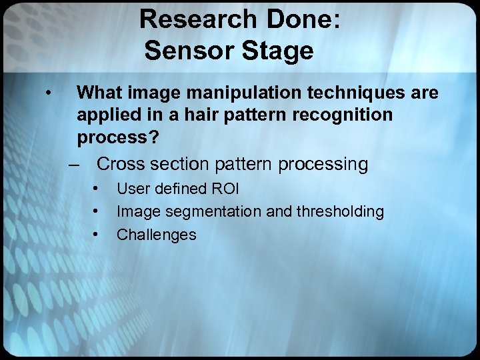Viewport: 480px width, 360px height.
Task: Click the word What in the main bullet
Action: pyautogui.click(x=99, y=93)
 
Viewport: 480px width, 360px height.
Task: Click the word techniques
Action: pyautogui.click(x=351, y=93)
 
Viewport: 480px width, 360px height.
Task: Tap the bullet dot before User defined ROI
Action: pyautogui.click(x=97, y=188)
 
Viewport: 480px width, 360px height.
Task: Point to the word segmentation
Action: pyautogui.click(x=215, y=211)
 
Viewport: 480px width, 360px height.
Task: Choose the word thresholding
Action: pyautogui.click(x=343, y=211)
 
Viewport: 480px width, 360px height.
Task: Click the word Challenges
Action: pyautogui.click(x=157, y=234)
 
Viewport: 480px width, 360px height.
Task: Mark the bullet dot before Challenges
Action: pyautogui.click(x=97, y=233)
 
